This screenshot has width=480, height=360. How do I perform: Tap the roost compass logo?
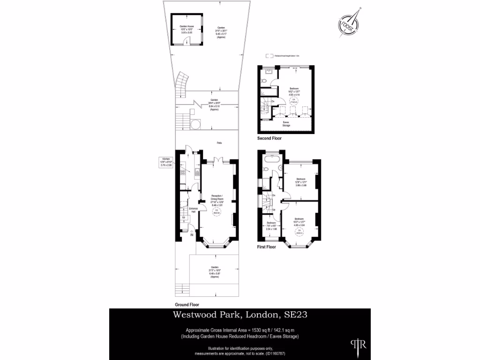(348, 24)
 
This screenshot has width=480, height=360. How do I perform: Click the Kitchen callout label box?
(167, 162)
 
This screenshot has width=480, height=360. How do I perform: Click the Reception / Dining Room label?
(217, 200)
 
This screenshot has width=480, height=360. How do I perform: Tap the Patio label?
(219, 142)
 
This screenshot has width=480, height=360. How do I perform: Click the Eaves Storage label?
(286, 124)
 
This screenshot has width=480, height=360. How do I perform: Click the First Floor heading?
(267, 247)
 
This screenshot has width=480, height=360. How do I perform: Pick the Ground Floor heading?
(187, 305)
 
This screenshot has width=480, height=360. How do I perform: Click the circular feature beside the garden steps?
(195, 124)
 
